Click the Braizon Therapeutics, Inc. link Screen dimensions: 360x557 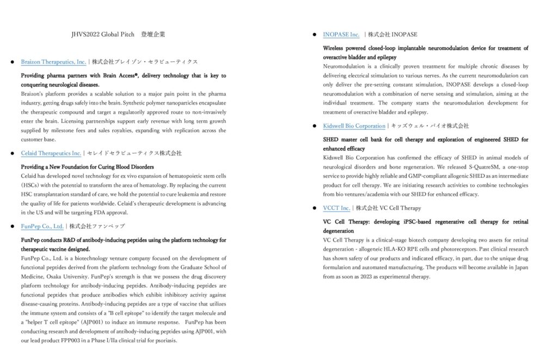pyautogui.click(x=53, y=62)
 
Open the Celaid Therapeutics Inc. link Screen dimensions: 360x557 pyautogui.click(x=51, y=153)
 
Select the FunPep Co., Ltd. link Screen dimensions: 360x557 pyautogui.click(x=42, y=226)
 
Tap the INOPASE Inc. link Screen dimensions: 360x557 pyautogui.click(x=341, y=35)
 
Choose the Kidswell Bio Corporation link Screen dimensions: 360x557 pyautogui.click(x=354, y=126)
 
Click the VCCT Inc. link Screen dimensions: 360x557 pyautogui.click(x=336, y=208)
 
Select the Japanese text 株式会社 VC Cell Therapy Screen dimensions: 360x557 pyautogui.click(x=388, y=208)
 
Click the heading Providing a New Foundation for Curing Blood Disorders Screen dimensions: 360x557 pyautogui.click(x=87, y=167)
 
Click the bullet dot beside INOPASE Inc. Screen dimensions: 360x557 pyautogui.click(x=315, y=35)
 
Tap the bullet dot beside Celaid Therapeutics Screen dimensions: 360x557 pyautogui.click(x=13, y=154)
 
